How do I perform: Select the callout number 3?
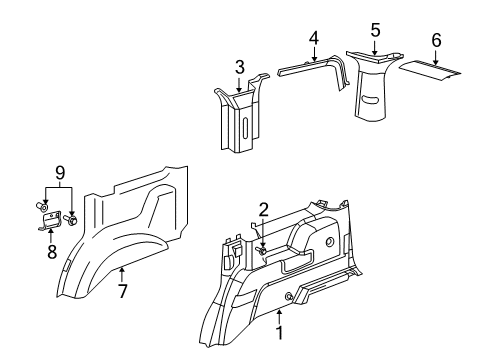(x=239, y=67)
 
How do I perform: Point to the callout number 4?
(x=313, y=38)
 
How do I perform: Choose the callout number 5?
(x=374, y=30)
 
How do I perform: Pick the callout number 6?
(x=435, y=39)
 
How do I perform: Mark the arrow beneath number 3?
(x=239, y=85)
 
